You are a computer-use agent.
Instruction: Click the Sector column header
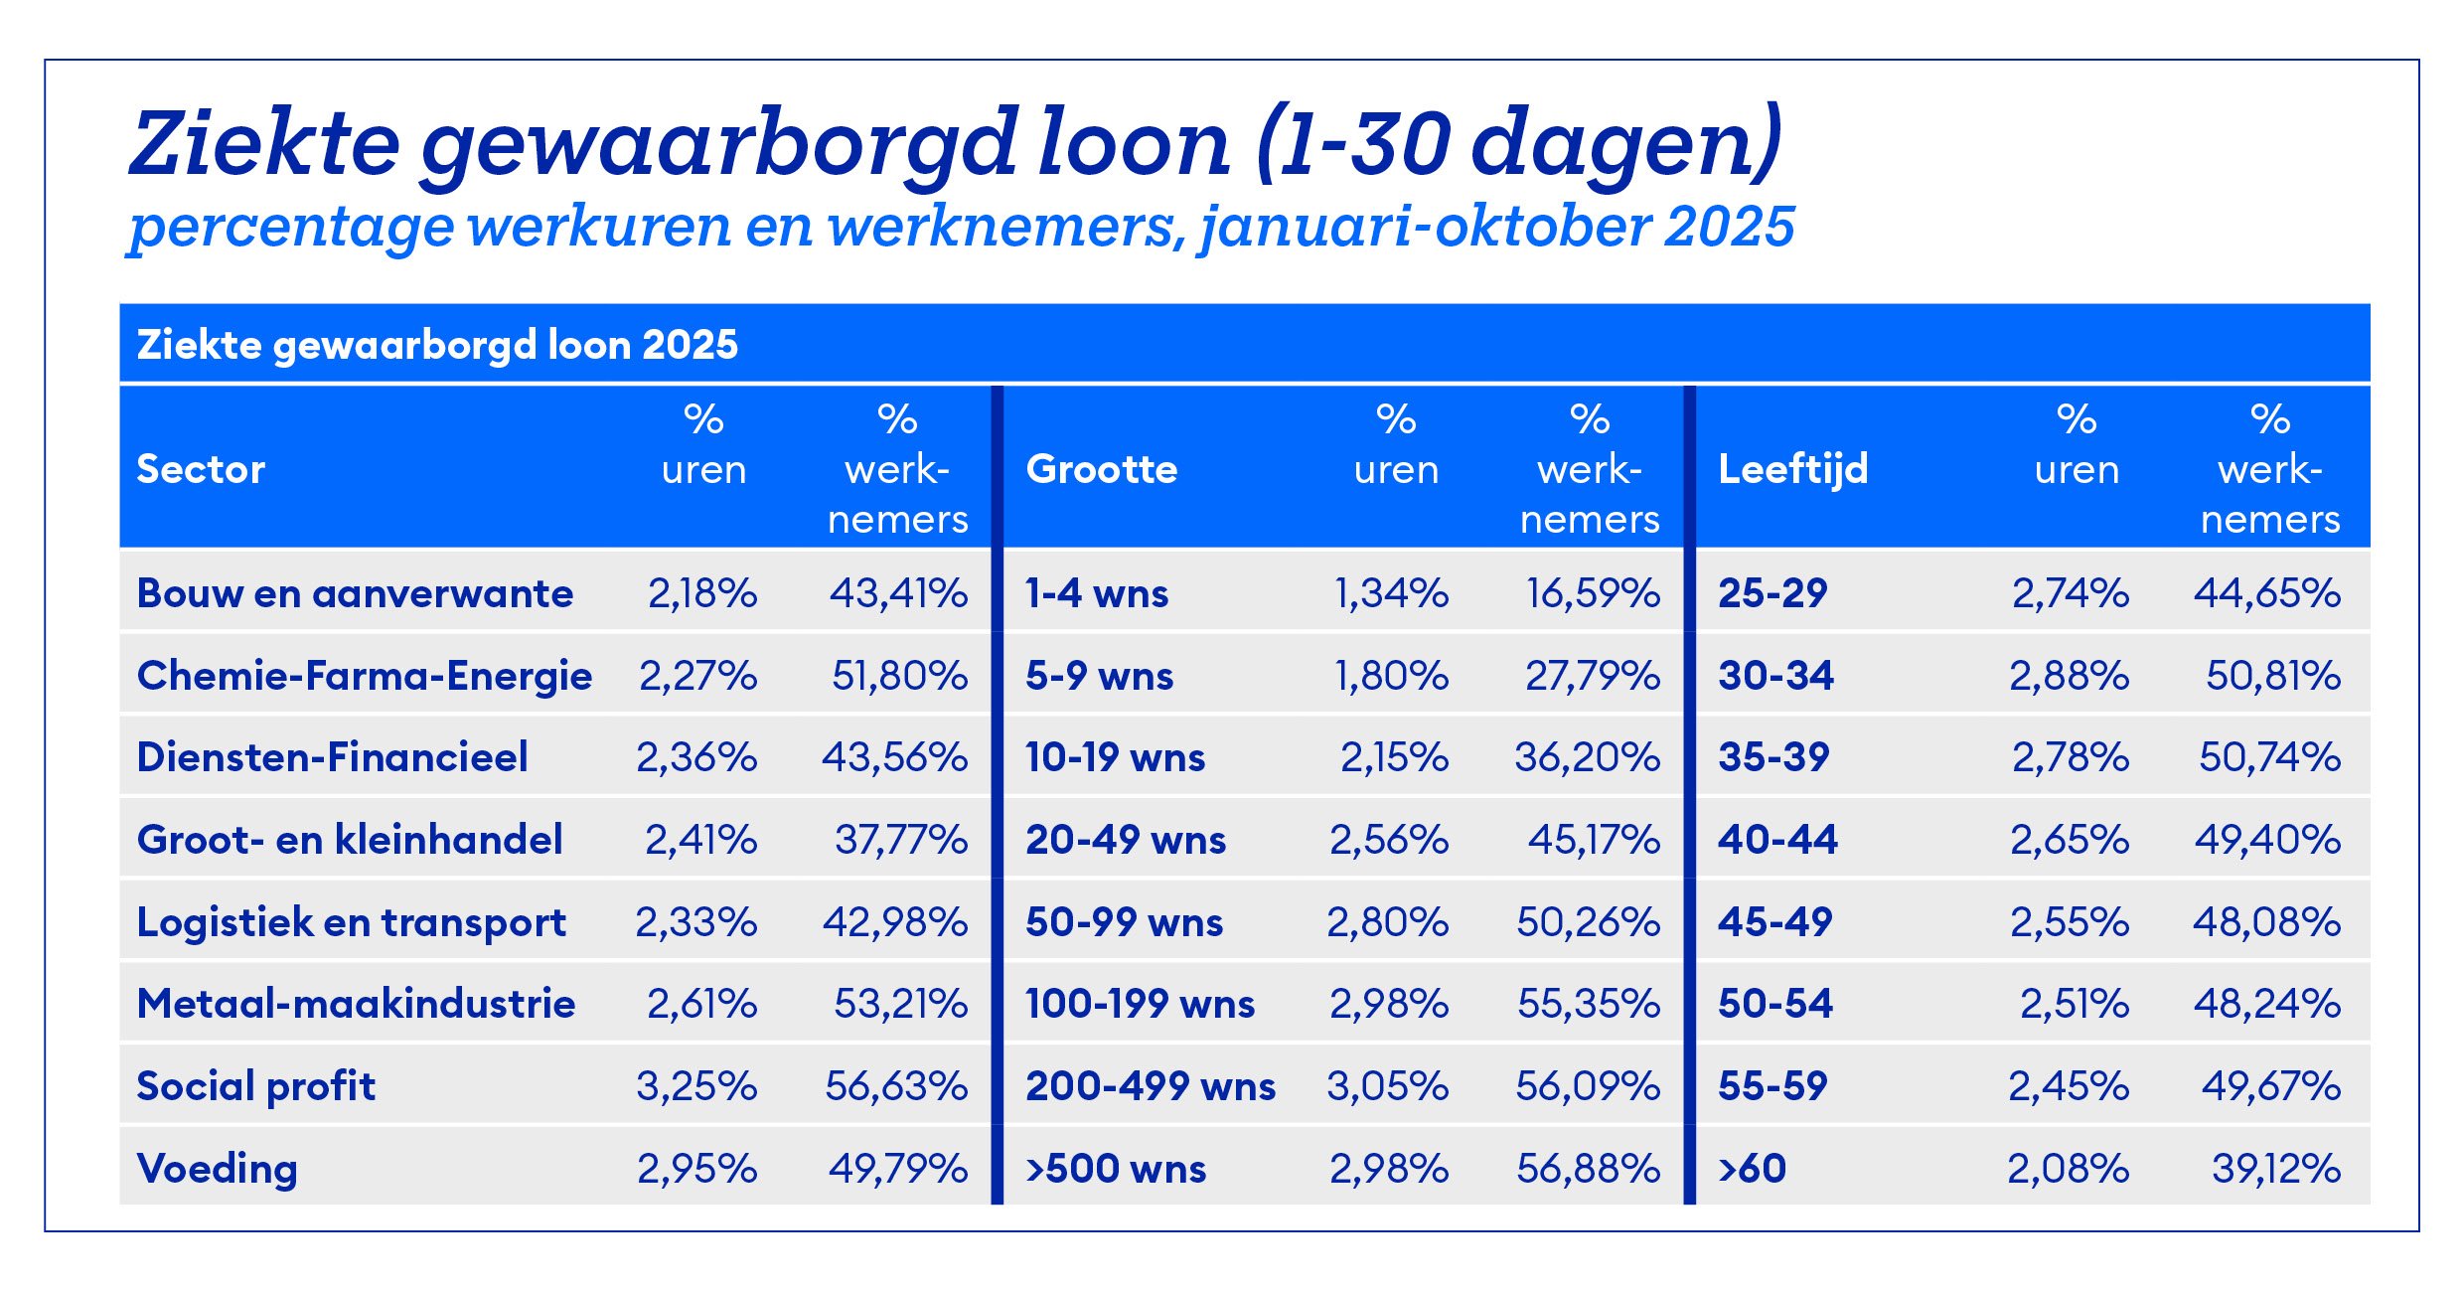[x=201, y=469]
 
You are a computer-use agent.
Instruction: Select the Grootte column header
[x=1101, y=469]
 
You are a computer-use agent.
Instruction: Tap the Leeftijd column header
[x=1792, y=469]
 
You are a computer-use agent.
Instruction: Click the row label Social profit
[x=256, y=1086]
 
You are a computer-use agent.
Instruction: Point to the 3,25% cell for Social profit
[x=696, y=1086]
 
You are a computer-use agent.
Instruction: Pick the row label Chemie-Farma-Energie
[x=365, y=676]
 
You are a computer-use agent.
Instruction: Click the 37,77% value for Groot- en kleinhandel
[x=900, y=840]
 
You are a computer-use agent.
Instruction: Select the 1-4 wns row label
[x=1097, y=593]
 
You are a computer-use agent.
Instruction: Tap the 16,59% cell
[x=1593, y=593]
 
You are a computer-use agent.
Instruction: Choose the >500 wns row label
[x=1116, y=1169]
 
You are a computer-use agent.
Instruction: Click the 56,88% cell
[x=1588, y=1169]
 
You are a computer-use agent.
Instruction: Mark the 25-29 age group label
[x=1772, y=593]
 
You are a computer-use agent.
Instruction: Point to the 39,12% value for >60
[x=2275, y=1169]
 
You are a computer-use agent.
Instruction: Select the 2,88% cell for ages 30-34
[x=2069, y=676]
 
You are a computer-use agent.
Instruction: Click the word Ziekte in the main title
[x=264, y=144]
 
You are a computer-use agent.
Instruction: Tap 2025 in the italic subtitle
[x=1730, y=227]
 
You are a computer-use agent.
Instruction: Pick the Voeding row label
[x=217, y=1169]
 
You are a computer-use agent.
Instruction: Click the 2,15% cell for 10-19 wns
[x=1394, y=757]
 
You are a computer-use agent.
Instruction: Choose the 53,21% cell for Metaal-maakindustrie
[x=900, y=1004]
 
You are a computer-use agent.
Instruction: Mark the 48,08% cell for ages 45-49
[x=2266, y=922]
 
